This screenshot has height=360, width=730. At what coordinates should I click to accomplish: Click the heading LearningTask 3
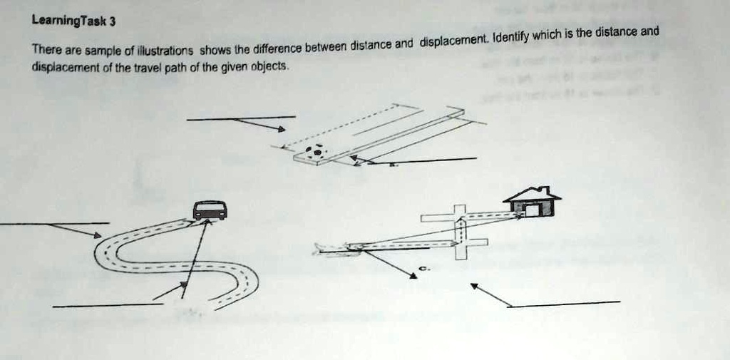(x=74, y=21)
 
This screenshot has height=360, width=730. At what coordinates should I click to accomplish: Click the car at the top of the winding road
(x=210, y=210)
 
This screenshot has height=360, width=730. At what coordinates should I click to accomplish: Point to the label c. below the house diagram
(x=423, y=268)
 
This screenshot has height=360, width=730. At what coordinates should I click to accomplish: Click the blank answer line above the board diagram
(x=241, y=118)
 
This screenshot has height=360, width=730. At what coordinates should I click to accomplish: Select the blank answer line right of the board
(x=435, y=160)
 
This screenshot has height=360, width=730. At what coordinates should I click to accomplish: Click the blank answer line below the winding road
(x=107, y=305)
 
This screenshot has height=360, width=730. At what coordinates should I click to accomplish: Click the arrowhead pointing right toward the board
(x=281, y=130)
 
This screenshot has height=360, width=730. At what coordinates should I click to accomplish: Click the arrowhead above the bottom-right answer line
(x=475, y=287)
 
